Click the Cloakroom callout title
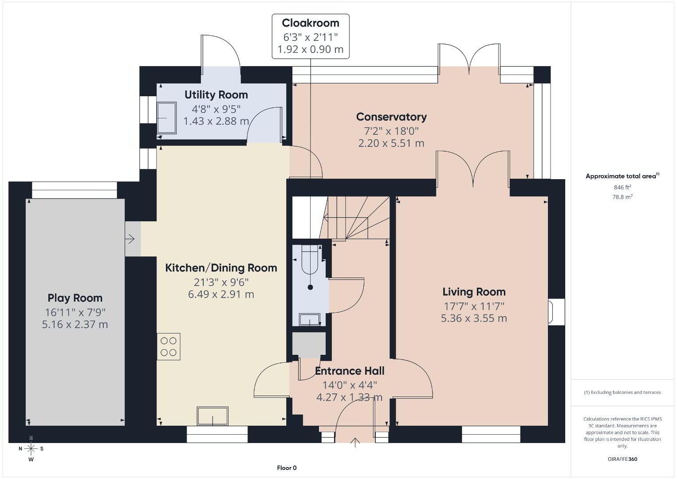311,23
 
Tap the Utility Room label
216,95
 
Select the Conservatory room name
391,117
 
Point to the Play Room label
75,298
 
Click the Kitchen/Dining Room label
221,268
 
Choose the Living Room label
474,292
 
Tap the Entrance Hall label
350,371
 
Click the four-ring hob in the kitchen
169,347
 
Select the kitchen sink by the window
213,416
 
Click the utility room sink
166,118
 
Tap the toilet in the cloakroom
310,260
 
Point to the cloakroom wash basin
310,320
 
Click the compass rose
31,449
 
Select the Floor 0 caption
287,468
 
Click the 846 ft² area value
622,187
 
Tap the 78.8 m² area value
622,197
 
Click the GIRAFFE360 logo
622,459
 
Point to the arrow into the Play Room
130,239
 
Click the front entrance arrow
355,442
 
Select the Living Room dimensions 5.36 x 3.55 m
474,318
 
